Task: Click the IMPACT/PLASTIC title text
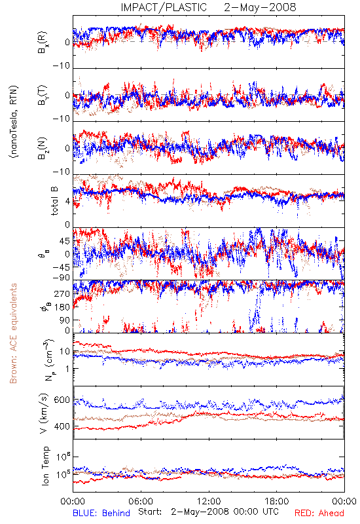click(164, 7)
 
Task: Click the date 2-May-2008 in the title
click(260, 7)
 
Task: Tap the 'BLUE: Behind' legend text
click(101, 513)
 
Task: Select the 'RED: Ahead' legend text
click(319, 513)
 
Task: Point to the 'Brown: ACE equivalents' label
click(13, 333)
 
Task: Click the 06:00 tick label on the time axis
click(141, 501)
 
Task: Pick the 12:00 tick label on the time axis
click(209, 501)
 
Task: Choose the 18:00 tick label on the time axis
click(277, 501)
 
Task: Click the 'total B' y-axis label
click(54, 200)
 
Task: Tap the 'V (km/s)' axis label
click(44, 413)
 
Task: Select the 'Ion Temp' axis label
click(45, 466)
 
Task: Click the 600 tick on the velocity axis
click(62, 400)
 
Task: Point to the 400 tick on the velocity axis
click(62, 426)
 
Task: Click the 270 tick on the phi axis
click(62, 293)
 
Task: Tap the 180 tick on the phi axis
click(62, 307)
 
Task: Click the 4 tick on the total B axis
click(67, 201)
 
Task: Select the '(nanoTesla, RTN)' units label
click(14, 122)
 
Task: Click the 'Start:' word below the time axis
click(150, 512)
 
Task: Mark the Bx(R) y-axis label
click(43, 42)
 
